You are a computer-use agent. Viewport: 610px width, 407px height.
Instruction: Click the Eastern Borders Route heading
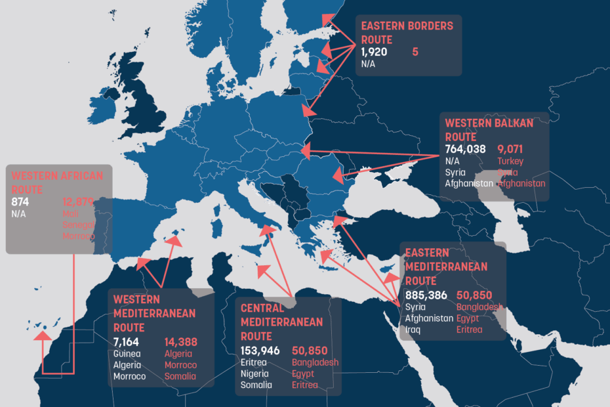[407, 33]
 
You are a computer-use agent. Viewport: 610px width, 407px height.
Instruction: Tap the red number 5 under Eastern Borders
[415, 51]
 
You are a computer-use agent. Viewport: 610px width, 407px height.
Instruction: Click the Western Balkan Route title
[489, 129]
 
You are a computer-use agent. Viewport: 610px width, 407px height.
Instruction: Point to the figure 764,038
[465, 149]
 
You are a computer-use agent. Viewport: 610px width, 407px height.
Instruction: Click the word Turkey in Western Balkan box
[510, 161]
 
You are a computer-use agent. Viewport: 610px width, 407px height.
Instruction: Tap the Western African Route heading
[57, 182]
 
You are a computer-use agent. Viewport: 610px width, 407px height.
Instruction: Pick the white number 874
[21, 202]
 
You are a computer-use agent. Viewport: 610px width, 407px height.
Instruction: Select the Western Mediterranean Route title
[154, 313]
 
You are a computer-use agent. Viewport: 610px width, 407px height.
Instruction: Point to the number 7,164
[128, 341]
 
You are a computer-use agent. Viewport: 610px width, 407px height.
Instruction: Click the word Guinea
[127, 354]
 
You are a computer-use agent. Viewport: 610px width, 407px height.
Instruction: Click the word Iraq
[413, 329]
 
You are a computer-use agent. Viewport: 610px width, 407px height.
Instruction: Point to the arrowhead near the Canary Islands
[43, 336]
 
